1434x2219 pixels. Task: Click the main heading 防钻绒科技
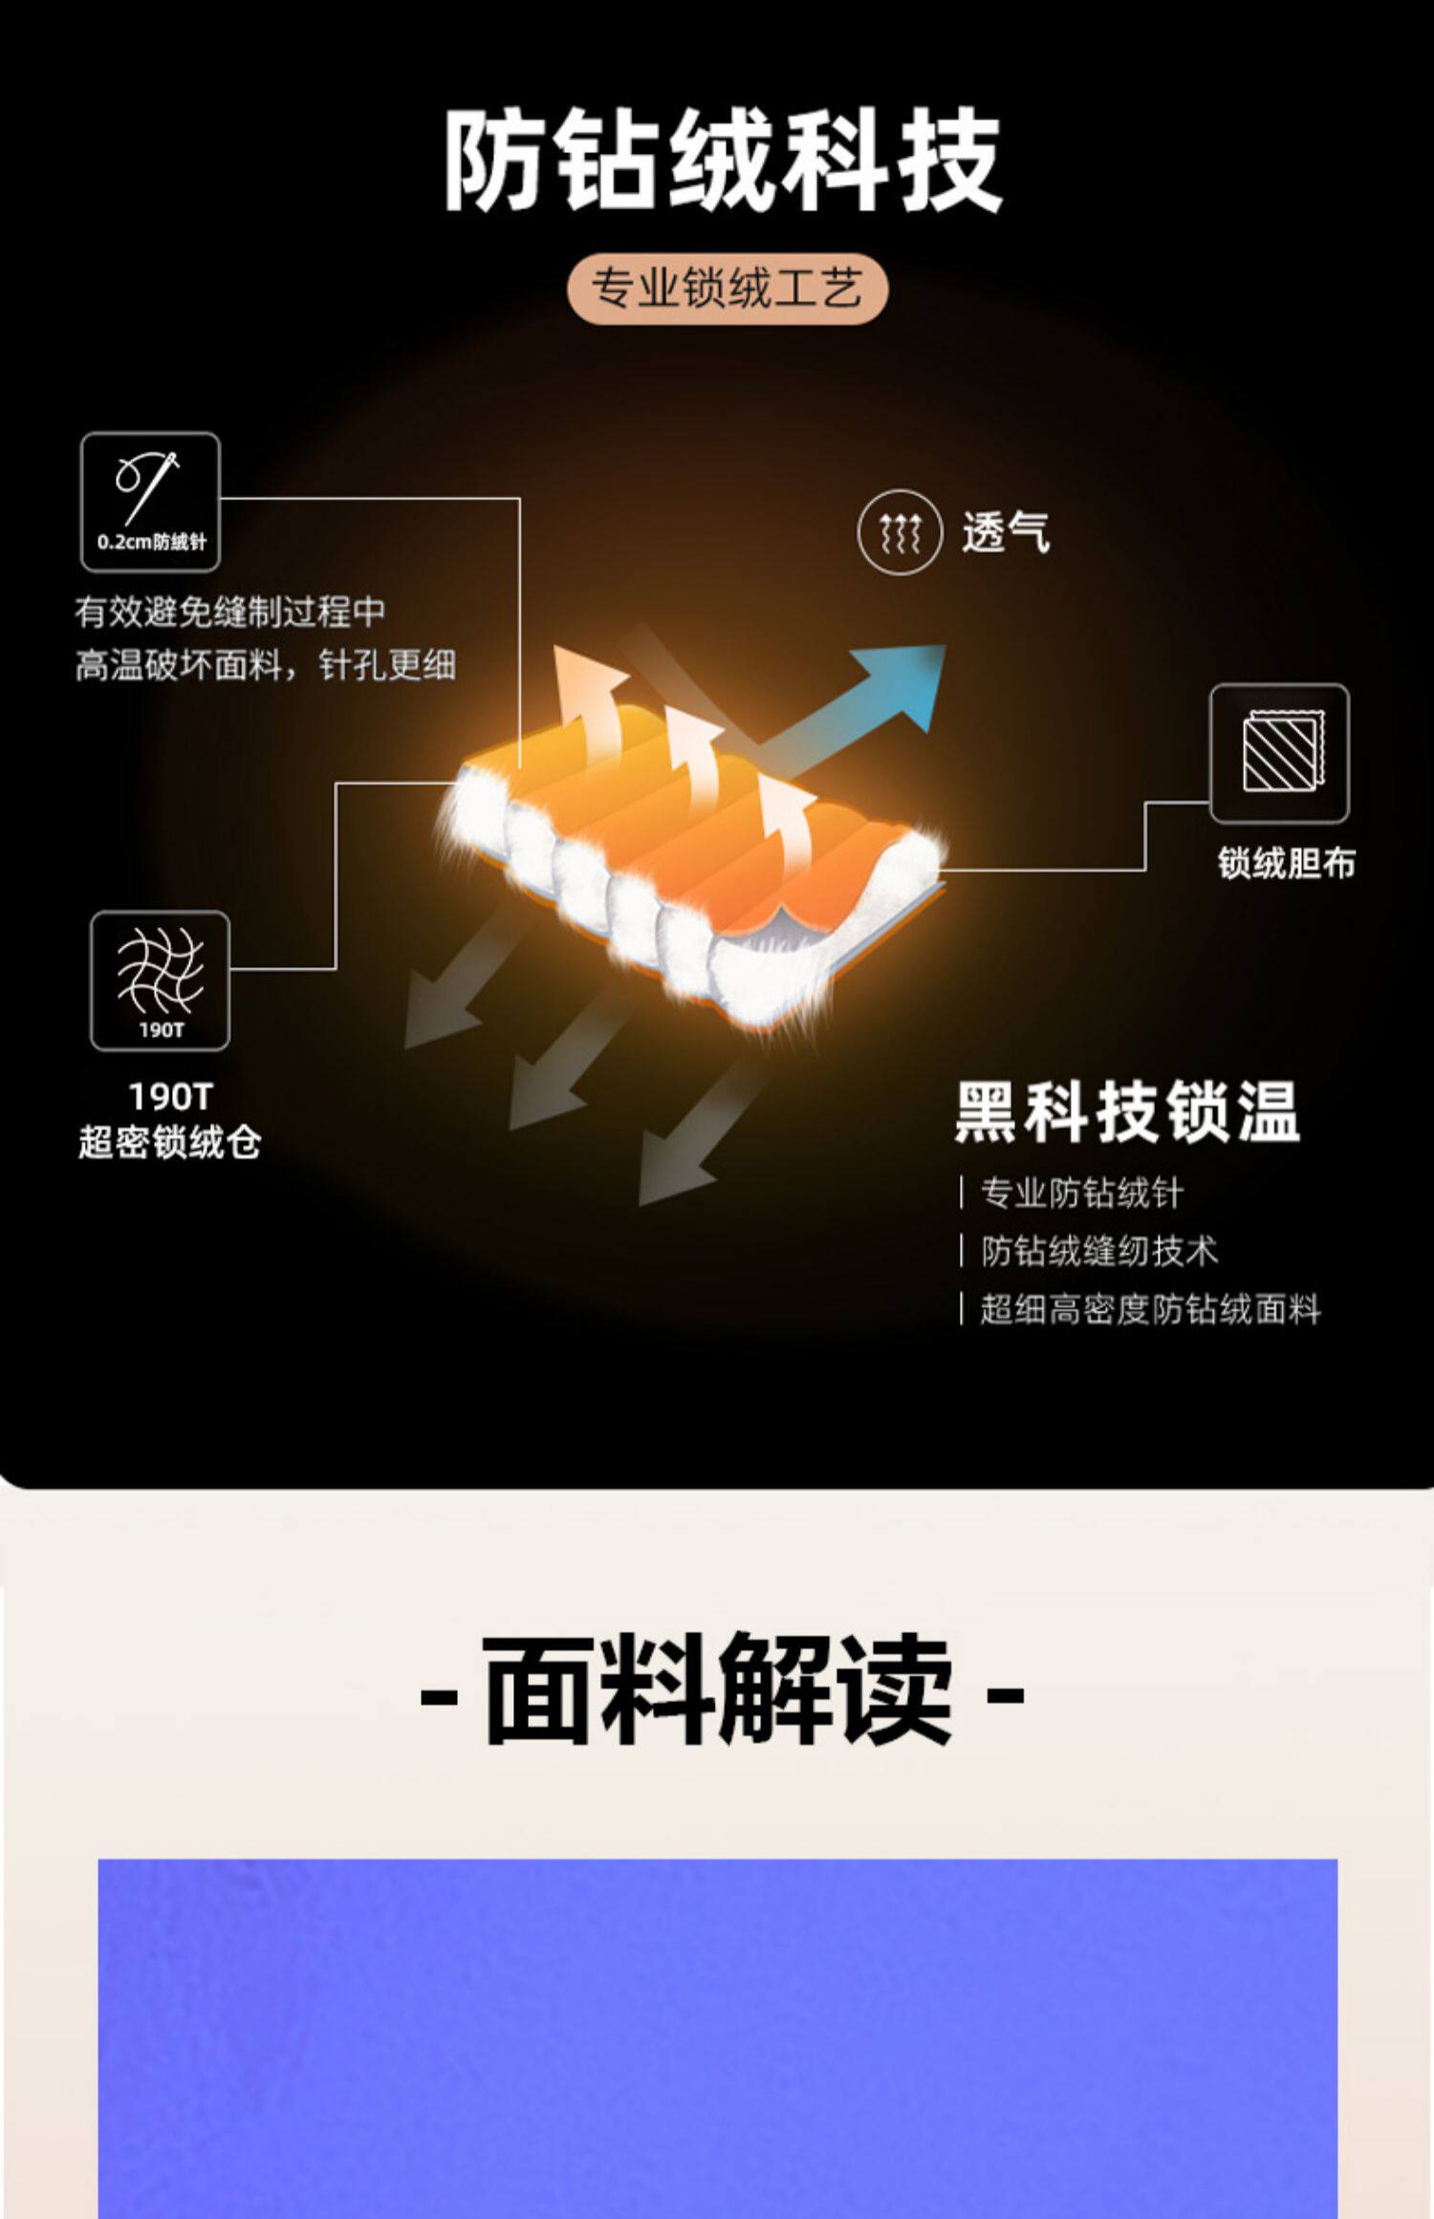click(x=722, y=160)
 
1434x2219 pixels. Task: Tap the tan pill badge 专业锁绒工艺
click(x=727, y=288)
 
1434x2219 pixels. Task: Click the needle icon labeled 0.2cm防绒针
click(x=150, y=502)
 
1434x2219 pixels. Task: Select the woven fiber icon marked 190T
click(x=160, y=980)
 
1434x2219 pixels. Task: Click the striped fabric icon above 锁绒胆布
click(x=1279, y=753)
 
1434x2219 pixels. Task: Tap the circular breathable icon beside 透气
click(x=900, y=532)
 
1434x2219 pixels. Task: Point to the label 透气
click(x=1006, y=532)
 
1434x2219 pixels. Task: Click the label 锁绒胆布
click(x=1286, y=863)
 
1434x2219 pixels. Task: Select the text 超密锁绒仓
click(x=169, y=1142)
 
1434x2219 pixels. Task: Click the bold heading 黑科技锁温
click(x=1127, y=1112)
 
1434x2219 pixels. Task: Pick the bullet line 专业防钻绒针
click(x=1081, y=1193)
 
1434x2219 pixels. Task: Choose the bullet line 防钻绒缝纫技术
click(x=1099, y=1251)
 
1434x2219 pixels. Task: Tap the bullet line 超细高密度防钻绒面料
click(x=1150, y=1309)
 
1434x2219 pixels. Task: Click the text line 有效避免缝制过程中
click(x=230, y=612)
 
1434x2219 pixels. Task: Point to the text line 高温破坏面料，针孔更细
click(x=265, y=665)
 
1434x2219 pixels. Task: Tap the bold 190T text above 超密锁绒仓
click(x=170, y=1096)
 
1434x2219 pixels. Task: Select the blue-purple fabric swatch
click(x=717, y=2036)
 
